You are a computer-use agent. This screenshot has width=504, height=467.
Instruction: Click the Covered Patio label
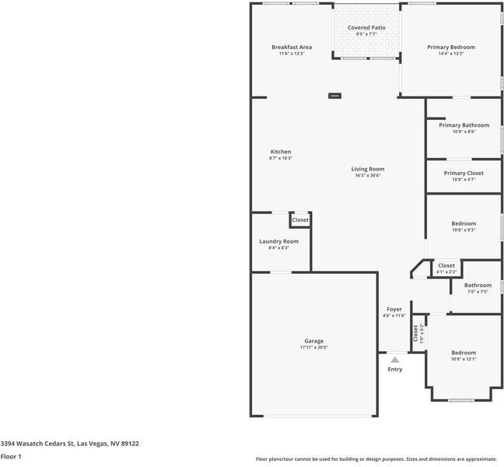(x=366, y=28)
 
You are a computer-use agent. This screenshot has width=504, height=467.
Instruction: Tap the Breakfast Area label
(x=292, y=47)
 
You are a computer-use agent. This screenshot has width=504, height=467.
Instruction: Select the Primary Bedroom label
(x=450, y=47)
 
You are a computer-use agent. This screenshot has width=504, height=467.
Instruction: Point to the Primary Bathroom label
(x=464, y=125)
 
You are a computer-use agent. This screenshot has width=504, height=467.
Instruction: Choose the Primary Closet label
(x=464, y=173)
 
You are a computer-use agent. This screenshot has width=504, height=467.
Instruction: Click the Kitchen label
(x=281, y=152)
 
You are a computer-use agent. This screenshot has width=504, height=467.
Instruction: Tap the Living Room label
(x=367, y=169)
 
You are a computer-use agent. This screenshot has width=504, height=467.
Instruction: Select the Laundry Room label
(x=278, y=241)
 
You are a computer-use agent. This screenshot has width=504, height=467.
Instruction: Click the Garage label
(x=313, y=341)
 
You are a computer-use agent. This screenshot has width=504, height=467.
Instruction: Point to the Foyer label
(x=394, y=309)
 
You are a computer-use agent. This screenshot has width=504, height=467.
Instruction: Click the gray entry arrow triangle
(x=395, y=360)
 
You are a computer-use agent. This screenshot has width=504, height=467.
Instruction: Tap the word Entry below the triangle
(x=395, y=369)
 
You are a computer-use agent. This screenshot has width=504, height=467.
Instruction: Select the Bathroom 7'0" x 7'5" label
(x=478, y=286)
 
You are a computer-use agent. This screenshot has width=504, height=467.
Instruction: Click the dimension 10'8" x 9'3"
(x=464, y=230)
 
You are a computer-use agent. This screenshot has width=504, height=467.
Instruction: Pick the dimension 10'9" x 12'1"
(x=464, y=359)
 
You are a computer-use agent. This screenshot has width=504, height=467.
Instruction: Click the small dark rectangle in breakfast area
(x=334, y=96)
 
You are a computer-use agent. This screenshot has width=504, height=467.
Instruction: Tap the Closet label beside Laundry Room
(x=300, y=220)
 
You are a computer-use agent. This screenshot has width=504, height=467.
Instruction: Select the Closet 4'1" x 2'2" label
(x=446, y=266)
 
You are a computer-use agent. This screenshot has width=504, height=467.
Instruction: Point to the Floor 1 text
(x=11, y=456)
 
